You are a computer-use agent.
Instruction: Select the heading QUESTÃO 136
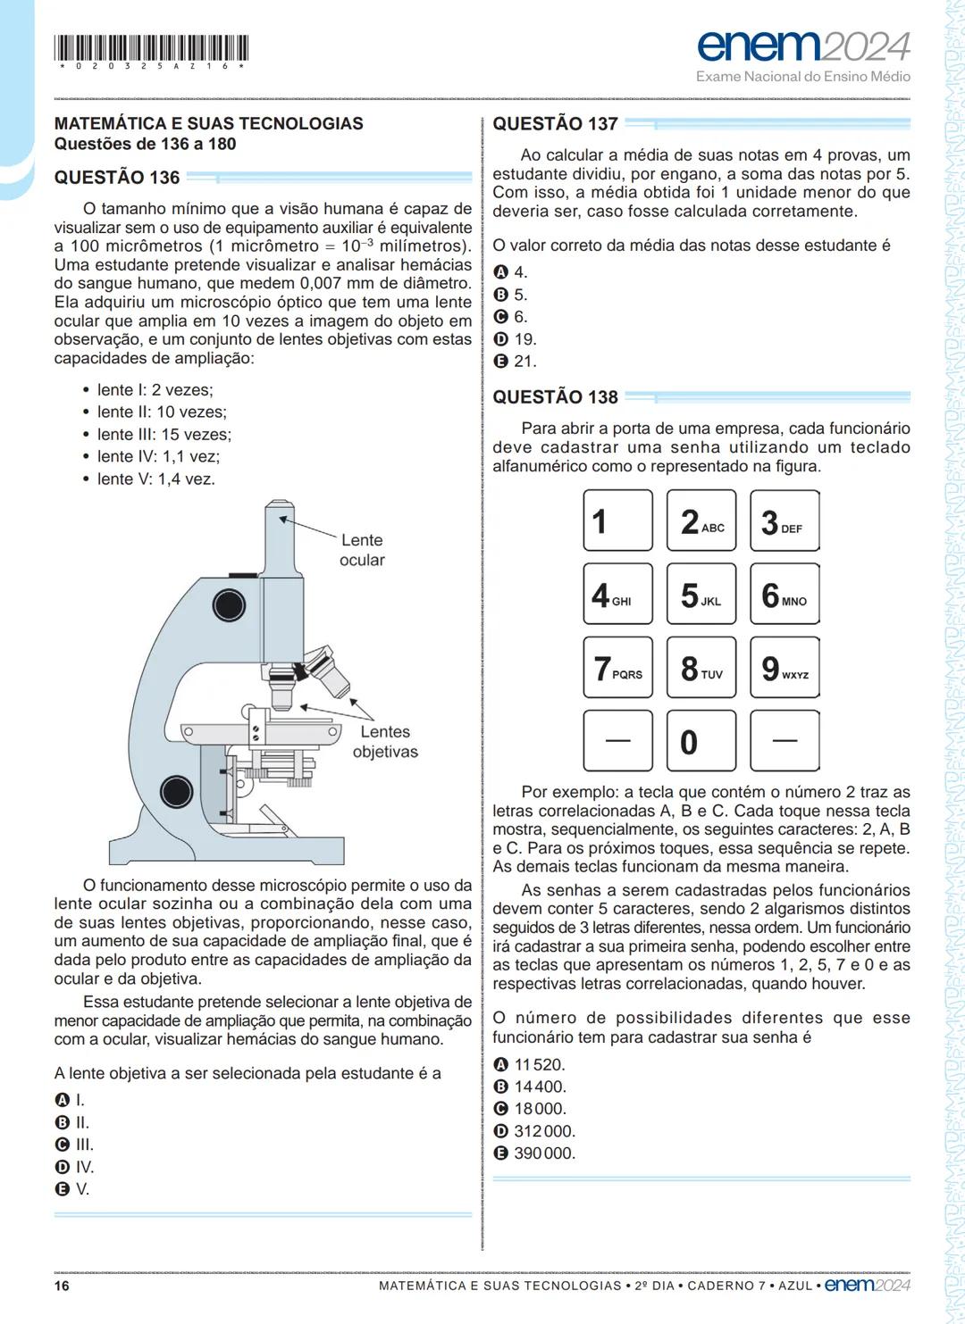(x=117, y=178)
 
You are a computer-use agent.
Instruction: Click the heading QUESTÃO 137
(x=555, y=124)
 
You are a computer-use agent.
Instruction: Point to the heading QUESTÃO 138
(x=555, y=397)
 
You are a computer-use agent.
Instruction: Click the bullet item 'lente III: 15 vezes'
(x=164, y=435)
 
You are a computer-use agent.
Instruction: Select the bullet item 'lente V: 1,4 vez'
(x=155, y=479)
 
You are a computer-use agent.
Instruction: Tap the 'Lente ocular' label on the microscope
(x=361, y=550)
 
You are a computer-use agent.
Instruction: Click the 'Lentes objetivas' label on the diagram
(x=385, y=742)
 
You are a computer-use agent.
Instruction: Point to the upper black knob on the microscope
(x=228, y=604)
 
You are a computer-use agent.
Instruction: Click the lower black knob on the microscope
(x=176, y=792)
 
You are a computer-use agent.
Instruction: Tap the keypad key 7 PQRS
(x=617, y=668)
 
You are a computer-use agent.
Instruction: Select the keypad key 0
(x=701, y=741)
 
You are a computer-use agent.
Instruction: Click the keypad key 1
(x=617, y=520)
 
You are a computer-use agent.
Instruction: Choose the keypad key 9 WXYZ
(x=785, y=668)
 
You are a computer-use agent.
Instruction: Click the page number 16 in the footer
(x=62, y=1286)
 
